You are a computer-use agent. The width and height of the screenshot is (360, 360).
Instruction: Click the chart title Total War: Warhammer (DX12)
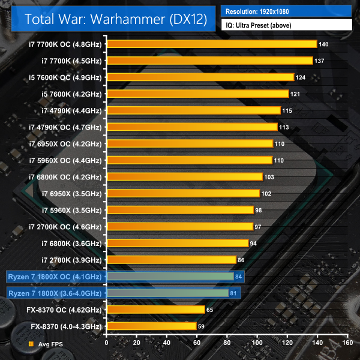click(x=116, y=19)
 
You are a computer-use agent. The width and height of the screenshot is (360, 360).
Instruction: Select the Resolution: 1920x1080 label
click(x=257, y=11)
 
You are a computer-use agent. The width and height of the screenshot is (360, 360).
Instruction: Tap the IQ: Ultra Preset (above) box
click(x=287, y=25)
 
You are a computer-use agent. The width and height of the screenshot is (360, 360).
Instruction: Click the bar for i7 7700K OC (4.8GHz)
click(x=212, y=44)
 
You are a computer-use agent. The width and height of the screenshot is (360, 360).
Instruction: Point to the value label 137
click(x=319, y=61)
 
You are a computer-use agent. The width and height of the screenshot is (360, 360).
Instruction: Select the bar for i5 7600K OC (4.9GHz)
click(x=200, y=77)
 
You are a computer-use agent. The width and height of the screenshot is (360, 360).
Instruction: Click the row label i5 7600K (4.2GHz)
click(x=71, y=94)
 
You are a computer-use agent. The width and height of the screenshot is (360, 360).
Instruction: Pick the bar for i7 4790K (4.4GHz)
click(x=194, y=110)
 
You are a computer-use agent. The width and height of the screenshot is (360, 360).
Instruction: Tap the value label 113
click(x=284, y=127)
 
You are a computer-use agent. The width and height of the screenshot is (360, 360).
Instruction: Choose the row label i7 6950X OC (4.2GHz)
click(x=65, y=144)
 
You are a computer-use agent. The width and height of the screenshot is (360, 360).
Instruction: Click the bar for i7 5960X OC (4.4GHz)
click(x=190, y=160)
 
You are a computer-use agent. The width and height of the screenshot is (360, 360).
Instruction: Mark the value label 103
click(x=269, y=177)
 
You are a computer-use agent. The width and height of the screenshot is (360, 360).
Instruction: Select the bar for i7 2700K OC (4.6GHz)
click(x=180, y=227)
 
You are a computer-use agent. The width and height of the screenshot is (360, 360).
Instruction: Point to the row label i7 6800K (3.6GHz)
click(x=71, y=244)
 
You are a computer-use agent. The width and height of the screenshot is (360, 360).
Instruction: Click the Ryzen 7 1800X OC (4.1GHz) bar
click(x=170, y=277)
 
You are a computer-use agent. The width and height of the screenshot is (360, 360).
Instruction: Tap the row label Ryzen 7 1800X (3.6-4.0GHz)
click(x=55, y=293)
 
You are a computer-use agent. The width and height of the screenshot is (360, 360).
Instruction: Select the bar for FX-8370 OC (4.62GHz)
click(x=156, y=310)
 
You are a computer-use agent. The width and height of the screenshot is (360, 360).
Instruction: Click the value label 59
click(x=201, y=326)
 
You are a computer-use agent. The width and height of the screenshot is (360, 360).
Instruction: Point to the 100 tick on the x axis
click(x=257, y=343)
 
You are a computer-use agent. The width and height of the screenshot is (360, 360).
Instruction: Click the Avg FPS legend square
click(x=31, y=344)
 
